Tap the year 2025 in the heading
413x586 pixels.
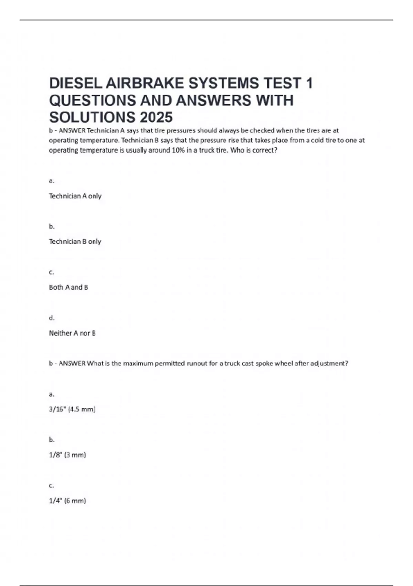156,118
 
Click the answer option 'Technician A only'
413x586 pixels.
75,196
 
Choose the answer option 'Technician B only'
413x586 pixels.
75,242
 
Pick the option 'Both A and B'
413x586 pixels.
68,287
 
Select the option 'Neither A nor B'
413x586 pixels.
72,333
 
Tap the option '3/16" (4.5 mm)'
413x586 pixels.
72,409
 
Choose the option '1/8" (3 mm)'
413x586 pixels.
67,455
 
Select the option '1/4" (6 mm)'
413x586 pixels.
67,501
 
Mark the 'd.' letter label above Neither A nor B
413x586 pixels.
52,318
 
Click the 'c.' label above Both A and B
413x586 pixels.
52,272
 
